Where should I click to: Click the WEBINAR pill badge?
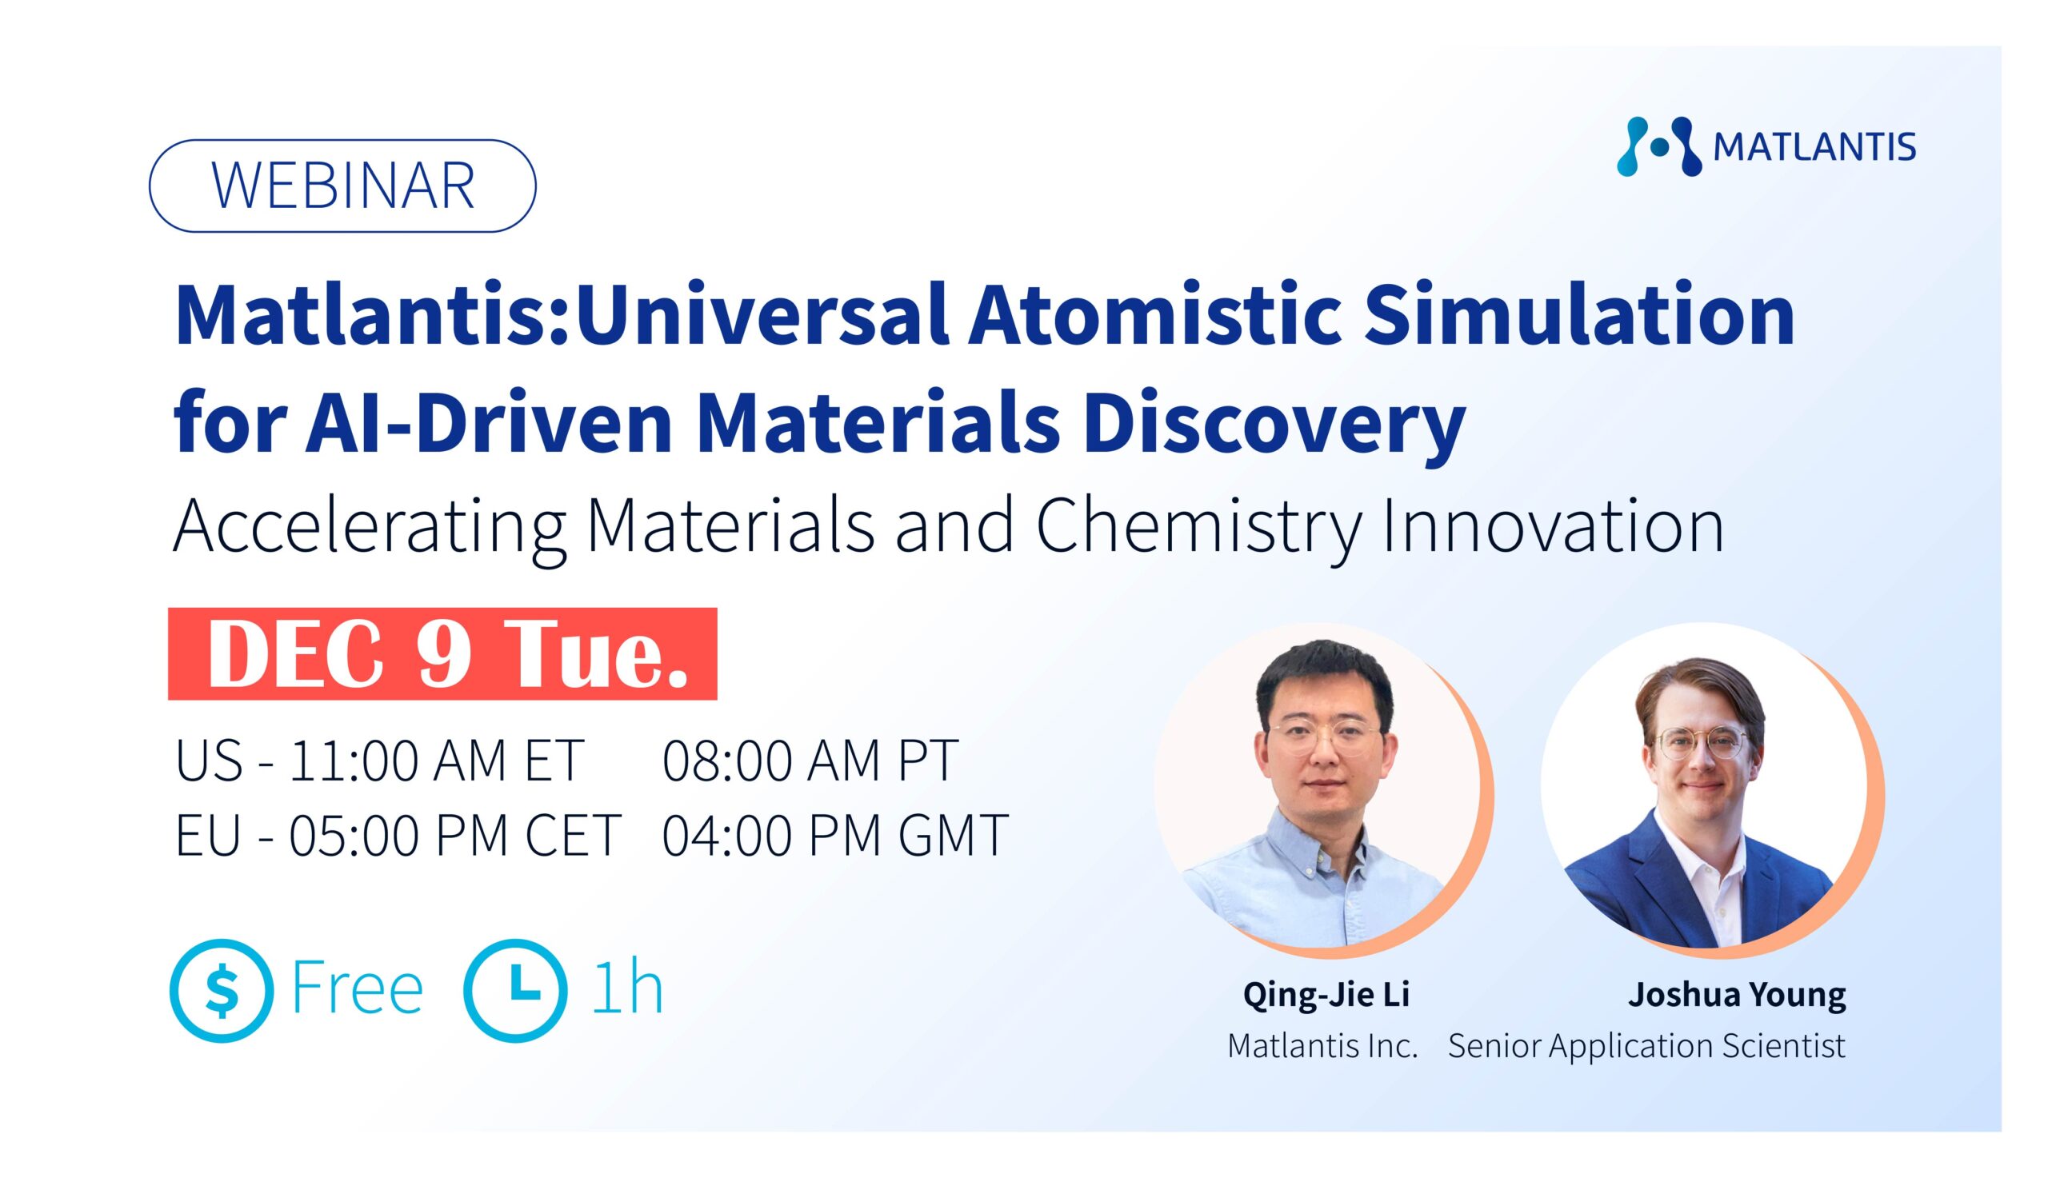342,186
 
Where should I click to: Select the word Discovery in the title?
1274,425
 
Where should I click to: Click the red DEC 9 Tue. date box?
442,653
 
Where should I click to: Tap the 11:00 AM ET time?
437,761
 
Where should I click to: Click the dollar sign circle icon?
222,990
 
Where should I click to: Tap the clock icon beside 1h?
515,990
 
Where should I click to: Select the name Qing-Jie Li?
1326,994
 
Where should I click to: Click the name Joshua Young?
1738,994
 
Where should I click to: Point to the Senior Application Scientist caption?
1646,1045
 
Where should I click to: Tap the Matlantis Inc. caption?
1323,1045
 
